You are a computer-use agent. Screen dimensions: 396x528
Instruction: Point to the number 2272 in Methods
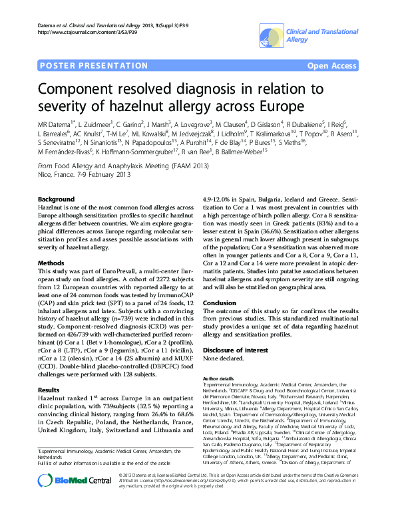pyautogui.click(x=122, y=279)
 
